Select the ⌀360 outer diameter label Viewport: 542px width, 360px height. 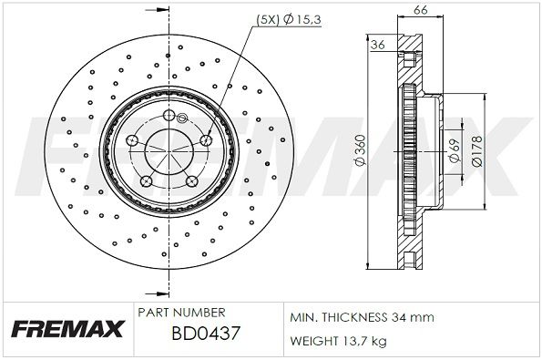(x=361, y=151)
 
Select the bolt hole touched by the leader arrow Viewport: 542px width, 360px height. (x=206, y=139)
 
